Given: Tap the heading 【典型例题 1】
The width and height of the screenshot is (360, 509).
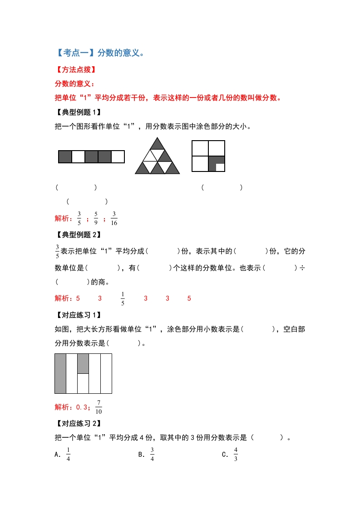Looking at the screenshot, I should [x=77, y=113].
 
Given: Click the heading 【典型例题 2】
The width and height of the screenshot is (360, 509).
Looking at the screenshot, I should [x=77, y=235].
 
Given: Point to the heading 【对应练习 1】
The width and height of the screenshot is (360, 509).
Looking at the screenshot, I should [x=77, y=315].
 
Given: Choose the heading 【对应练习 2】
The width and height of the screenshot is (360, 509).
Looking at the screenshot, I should [x=77, y=424].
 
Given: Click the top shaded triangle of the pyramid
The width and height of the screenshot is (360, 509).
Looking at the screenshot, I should [x=158, y=144].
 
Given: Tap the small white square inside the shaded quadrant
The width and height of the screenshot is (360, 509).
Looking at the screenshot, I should [x=220, y=167].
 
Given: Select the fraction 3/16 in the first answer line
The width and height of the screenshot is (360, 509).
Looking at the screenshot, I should [x=114, y=218].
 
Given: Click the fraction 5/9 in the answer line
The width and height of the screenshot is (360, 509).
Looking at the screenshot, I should [x=96, y=218].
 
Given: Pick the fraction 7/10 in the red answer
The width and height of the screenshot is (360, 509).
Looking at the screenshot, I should [x=99, y=407].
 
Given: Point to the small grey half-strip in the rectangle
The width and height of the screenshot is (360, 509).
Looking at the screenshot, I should [x=83, y=363].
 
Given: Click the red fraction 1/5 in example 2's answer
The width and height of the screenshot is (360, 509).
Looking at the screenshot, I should [x=123, y=299].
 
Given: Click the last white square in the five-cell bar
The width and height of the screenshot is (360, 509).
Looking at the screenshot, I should [x=118, y=157].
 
